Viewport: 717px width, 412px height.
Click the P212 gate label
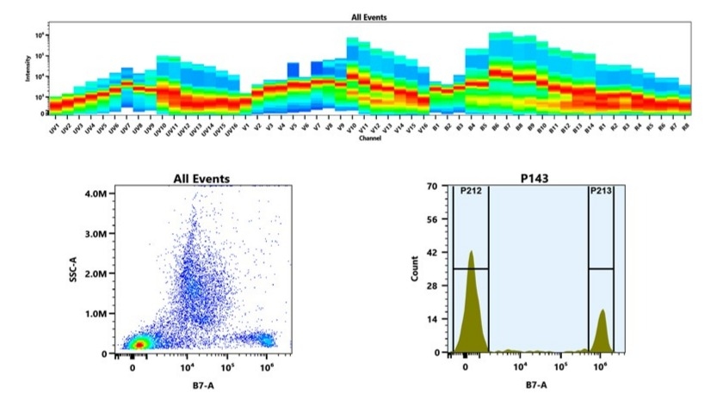[x=469, y=191]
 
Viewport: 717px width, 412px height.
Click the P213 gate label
[x=601, y=191]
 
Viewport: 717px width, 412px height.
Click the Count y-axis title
[x=415, y=268]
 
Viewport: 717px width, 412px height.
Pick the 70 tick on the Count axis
[x=434, y=185]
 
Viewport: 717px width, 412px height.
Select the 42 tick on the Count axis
[x=434, y=252]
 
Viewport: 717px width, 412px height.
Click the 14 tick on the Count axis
[x=434, y=319]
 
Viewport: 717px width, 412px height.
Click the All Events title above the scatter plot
[x=201, y=178]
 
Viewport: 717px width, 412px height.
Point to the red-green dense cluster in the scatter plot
[x=138, y=343]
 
